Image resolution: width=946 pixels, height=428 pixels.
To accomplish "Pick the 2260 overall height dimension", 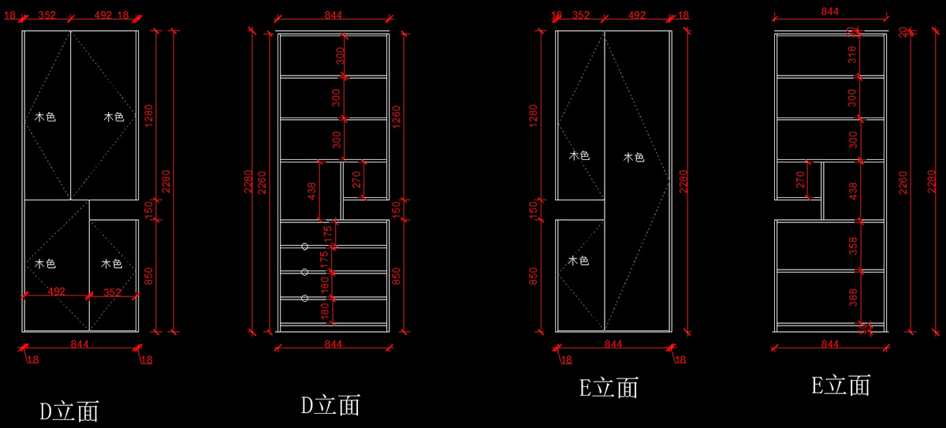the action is [263, 182].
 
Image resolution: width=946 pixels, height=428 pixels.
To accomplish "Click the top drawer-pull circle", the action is [305, 247].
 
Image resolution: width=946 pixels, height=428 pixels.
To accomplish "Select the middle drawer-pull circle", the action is [305, 272].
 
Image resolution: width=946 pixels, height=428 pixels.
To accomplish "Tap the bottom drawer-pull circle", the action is [305, 298].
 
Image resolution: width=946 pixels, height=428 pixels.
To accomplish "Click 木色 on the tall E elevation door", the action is [634, 158].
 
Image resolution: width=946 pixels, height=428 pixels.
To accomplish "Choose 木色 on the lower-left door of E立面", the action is [579, 260].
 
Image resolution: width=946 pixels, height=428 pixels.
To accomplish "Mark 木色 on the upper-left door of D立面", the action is [45, 117].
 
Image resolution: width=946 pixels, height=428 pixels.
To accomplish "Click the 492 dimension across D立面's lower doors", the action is [57, 292].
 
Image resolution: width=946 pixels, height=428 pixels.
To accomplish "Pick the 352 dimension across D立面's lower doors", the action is [112, 292].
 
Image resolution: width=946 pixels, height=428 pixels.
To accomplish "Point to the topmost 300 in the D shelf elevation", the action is [340, 55].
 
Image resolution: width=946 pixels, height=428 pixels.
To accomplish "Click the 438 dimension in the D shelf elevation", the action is [312, 192].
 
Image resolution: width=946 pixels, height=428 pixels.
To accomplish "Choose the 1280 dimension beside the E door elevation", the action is [533, 117].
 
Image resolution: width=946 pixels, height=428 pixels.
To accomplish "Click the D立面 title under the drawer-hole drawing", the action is [330, 405].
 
